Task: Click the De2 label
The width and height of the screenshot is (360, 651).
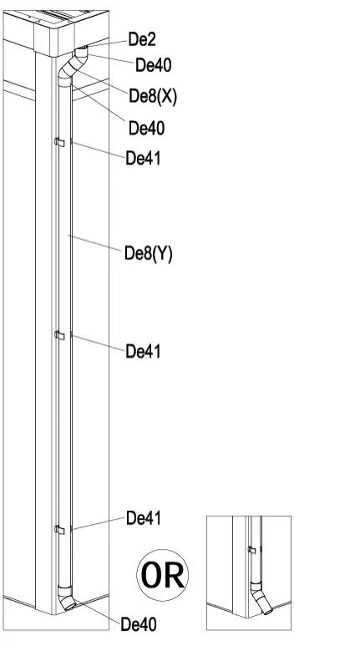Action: coord(142,40)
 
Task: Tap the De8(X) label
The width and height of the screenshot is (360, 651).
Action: coord(153,96)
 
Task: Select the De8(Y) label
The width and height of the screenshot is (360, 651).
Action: coord(148,254)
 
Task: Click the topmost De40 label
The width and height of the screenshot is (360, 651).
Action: coord(154,65)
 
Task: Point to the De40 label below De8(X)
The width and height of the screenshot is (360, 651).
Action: coord(146,129)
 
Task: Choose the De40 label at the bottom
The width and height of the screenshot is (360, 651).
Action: coord(139,624)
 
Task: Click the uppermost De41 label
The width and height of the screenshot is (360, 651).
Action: coord(143,158)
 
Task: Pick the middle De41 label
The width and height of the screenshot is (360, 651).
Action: coord(143,352)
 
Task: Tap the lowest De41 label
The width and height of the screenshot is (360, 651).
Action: coord(144,518)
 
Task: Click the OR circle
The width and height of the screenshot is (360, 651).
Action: coord(163,575)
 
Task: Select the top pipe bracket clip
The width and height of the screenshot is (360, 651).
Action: coord(60,143)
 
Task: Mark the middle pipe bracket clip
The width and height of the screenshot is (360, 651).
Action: coord(60,335)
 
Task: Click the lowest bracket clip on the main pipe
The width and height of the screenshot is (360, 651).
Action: coord(60,530)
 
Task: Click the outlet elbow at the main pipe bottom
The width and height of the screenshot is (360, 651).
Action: coord(66,598)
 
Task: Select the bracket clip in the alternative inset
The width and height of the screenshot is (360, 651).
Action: coord(251,550)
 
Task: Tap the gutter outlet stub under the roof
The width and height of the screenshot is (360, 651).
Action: coord(82,52)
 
